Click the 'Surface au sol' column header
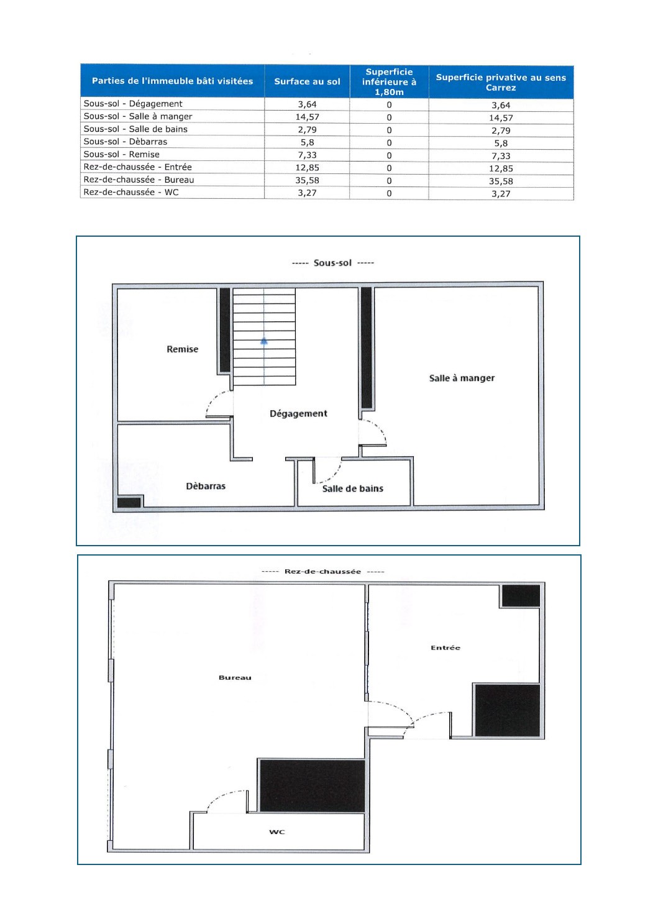click(307, 81)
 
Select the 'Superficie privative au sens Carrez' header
click(501, 82)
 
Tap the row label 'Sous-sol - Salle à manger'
click(138, 117)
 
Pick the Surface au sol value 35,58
click(307, 180)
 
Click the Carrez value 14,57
click(501, 118)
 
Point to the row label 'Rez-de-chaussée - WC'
click(131, 192)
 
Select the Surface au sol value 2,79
click(307, 130)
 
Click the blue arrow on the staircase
click(264, 341)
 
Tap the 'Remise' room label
click(183, 349)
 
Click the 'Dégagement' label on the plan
click(298, 414)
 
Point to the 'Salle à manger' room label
click(462, 378)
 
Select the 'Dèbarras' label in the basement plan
click(206, 486)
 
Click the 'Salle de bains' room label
click(352, 488)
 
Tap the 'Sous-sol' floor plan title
click(332, 263)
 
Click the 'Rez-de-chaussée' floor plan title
click(322, 571)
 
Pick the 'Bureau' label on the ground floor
click(235, 677)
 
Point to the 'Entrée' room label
click(445, 648)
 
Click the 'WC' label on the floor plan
click(277, 831)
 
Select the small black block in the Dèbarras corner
click(129, 502)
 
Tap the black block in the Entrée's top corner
click(521, 596)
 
